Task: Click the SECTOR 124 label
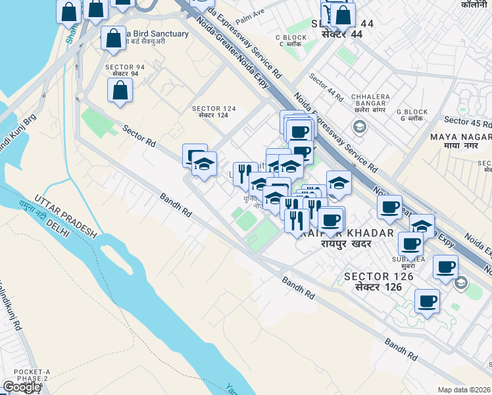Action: tap(210, 109)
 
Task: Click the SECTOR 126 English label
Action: tap(379, 276)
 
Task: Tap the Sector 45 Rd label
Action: tap(468, 121)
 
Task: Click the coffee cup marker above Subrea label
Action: tap(411, 243)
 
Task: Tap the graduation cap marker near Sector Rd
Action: tap(205, 163)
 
